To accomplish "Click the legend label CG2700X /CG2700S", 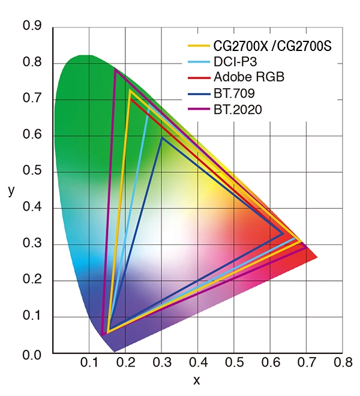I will pyautogui.click(x=272, y=46).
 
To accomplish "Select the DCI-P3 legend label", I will pyautogui.click(x=234, y=62).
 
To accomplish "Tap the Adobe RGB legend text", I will pyautogui.click(x=248, y=77).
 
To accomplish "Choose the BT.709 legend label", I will pyautogui.click(x=232, y=94).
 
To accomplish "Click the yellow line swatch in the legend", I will pyautogui.click(x=199, y=46).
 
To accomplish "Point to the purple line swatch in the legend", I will pyautogui.click(x=199, y=109).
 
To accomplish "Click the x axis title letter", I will pyautogui.click(x=197, y=380).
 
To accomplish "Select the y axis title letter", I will pyautogui.click(x=11, y=191).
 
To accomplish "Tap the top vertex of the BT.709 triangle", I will pyautogui.click(x=162, y=137).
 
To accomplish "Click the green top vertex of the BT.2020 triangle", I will pyautogui.click(x=115, y=70).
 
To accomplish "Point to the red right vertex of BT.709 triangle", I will pyautogui.click(x=284, y=234).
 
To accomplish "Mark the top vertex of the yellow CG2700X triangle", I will pyautogui.click(x=130, y=91).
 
